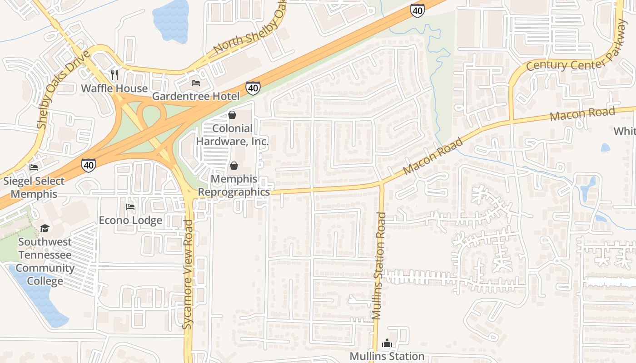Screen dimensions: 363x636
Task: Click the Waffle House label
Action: point(114,88)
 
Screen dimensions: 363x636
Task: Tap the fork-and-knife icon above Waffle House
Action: point(114,74)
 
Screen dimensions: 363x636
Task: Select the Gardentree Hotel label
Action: point(195,96)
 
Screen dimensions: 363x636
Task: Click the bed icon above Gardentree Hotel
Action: point(195,83)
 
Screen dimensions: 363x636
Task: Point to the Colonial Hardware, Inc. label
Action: point(232,135)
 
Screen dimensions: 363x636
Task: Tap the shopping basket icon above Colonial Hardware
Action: point(232,115)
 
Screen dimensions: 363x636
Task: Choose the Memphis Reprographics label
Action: point(234,186)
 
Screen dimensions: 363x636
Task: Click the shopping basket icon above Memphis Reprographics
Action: point(234,166)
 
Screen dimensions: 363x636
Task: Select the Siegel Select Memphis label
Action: point(34,187)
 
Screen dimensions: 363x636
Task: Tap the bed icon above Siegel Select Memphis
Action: point(34,167)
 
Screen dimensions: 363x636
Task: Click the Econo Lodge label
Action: point(130,221)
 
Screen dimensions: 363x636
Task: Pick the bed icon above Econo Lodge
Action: point(130,207)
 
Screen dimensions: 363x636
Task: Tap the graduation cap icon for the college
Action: point(45,228)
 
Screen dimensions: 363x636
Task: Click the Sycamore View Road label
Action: point(189,274)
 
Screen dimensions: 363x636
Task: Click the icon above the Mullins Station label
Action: point(387,343)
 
